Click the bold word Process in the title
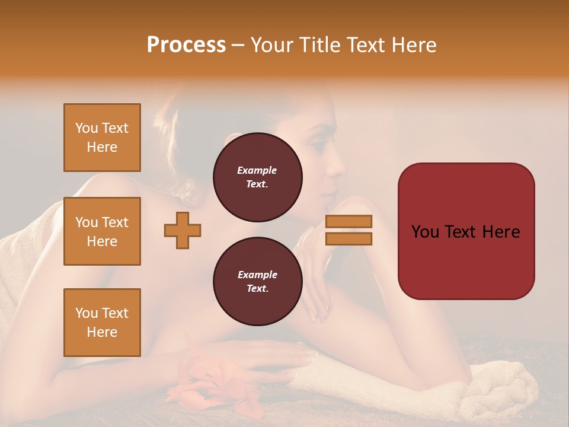[x=186, y=45]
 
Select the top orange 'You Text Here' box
[x=102, y=138]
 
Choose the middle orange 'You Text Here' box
[x=102, y=231]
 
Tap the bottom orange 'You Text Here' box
[x=102, y=323]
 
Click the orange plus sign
[x=183, y=230]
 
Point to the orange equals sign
[x=349, y=230]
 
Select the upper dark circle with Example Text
[x=257, y=177]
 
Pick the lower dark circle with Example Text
[x=257, y=281]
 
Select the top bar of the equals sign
[x=349, y=222]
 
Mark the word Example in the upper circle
[x=257, y=170]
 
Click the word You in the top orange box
[x=87, y=128]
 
